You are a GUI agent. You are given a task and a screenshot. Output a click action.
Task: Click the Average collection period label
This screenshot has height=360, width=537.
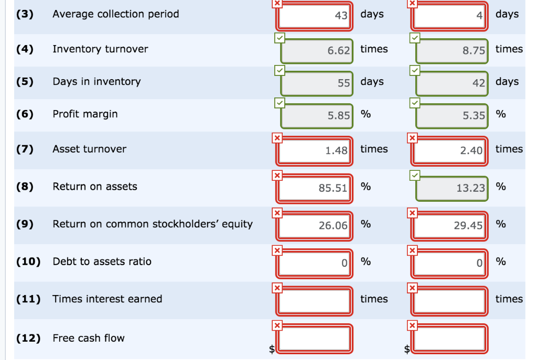[x=115, y=14]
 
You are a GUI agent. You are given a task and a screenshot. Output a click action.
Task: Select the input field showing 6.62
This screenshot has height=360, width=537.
[x=316, y=51]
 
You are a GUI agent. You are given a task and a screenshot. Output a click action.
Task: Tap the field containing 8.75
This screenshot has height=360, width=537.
[x=452, y=51]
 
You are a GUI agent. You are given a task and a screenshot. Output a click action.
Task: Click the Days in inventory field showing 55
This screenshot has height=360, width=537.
[x=316, y=83]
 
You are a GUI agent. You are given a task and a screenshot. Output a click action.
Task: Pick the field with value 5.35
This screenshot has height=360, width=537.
[x=452, y=116]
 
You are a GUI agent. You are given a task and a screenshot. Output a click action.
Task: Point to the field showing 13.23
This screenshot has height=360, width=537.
[x=452, y=188]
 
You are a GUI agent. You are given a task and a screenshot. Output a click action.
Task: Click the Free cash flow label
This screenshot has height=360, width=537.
[x=88, y=339]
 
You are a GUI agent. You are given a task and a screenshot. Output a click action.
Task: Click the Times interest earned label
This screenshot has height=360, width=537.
[x=107, y=299]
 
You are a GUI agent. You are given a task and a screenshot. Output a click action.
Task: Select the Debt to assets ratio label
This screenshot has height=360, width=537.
[x=102, y=261]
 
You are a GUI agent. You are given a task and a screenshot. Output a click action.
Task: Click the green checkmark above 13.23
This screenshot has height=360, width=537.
[x=414, y=175]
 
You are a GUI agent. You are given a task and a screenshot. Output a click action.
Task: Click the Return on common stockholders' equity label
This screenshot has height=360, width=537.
[x=152, y=224]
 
